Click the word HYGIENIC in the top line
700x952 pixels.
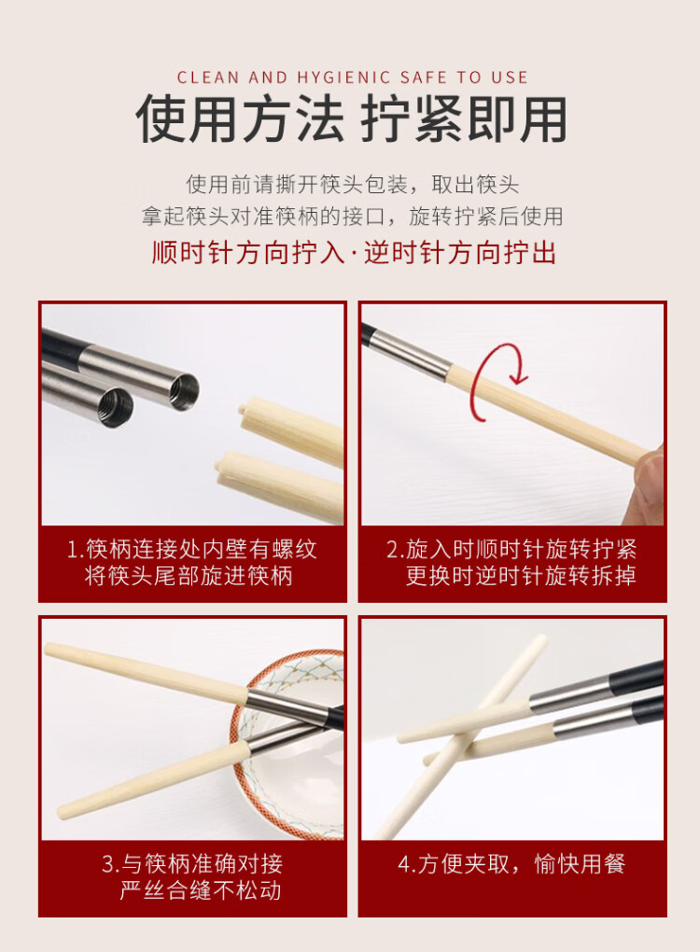point(343,77)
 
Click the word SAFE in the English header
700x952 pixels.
point(423,77)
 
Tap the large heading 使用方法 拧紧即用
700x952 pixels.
point(351,119)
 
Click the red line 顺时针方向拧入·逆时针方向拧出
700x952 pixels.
point(354,252)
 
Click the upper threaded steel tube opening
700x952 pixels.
point(184,392)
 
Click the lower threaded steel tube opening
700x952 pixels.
point(116,408)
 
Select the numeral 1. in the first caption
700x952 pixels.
point(75,549)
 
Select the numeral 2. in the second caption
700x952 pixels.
point(395,549)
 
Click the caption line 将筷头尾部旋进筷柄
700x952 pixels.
point(189,575)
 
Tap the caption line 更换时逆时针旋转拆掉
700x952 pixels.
point(521,575)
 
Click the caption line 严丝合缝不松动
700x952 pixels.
point(201,890)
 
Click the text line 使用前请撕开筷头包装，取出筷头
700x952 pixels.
point(353,184)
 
